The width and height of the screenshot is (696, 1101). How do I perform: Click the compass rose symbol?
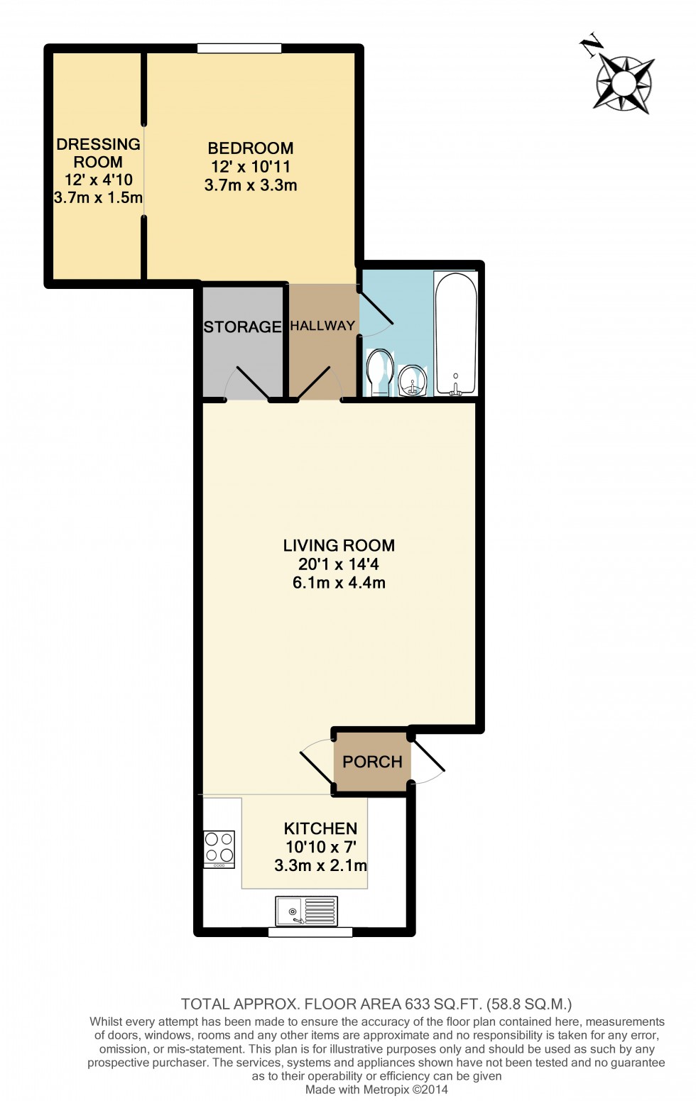click(x=624, y=84)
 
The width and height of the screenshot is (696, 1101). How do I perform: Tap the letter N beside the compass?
click(x=591, y=46)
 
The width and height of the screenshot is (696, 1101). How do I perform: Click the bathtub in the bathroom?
click(x=455, y=334)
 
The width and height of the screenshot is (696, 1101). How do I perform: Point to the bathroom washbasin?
click(x=413, y=380)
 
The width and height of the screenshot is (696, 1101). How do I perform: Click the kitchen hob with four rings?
click(x=219, y=848)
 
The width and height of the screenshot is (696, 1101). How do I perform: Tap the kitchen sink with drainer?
click(x=307, y=911)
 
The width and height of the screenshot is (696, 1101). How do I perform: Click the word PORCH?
click(x=372, y=762)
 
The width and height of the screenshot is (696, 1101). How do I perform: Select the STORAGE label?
click(x=242, y=327)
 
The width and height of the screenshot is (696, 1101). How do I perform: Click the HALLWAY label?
click(x=322, y=326)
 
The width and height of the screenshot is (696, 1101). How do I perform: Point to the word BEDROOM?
click(x=251, y=148)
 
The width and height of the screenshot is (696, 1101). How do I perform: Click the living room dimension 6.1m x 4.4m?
click(x=339, y=583)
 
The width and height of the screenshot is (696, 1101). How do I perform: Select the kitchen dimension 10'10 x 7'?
click(x=320, y=847)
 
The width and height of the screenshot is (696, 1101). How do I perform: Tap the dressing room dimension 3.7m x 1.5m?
click(x=98, y=198)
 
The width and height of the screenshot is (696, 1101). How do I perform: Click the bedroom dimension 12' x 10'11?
click(x=251, y=167)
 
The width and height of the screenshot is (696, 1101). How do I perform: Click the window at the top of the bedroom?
click(x=239, y=49)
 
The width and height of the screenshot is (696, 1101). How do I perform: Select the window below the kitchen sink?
click(x=310, y=932)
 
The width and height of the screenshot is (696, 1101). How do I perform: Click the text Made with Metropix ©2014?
click(x=376, y=1090)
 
